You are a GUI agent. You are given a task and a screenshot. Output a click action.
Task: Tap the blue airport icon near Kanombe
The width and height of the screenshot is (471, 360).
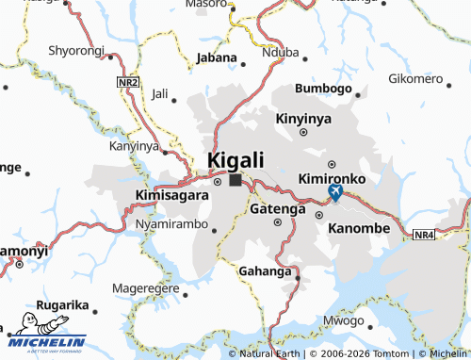pyautogui.click(x=334, y=192)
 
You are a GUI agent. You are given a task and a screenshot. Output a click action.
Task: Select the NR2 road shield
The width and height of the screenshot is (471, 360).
pyautogui.click(x=128, y=84)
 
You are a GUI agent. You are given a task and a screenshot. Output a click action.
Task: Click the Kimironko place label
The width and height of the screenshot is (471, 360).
pyautogui.click(x=330, y=178)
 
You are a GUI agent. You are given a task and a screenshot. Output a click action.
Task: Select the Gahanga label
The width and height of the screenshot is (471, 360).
pyautogui.click(x=267, y=271)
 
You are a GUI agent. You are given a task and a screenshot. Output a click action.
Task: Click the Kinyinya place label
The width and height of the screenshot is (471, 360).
pyautogui.click(x=304, y=120)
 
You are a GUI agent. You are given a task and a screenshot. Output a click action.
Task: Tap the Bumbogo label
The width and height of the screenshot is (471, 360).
pyautogui.click(x=322, y=89)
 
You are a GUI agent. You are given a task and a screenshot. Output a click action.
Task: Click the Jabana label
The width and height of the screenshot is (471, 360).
pyautogui.click(x=217, y=57)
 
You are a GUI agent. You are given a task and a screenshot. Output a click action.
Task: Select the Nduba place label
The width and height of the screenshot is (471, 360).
pyautogui.click(x=279, y=53)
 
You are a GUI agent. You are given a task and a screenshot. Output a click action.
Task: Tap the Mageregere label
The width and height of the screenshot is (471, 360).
pyautogui.click(x=144, y=287)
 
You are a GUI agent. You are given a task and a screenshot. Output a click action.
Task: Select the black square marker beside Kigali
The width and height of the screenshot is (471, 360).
pyautogui.click(x=235, y=178)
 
